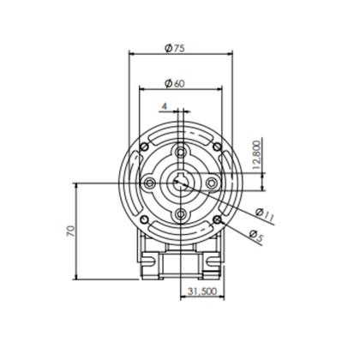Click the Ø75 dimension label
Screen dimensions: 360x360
pyautogui.click(x=175, y=48)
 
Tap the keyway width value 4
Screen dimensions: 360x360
pyautogui.click(x=164, y=106)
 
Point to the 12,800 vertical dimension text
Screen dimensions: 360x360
pyautogui.click(x=257, y=154)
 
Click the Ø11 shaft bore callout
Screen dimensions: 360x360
pyautogui.click(x=265, y=215)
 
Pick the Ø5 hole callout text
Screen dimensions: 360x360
pyautogui.click(x=255, y=236)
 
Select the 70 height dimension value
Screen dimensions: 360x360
pyautogui.click(x=70, y=231)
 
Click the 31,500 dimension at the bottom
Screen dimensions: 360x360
pyautogui.click(x=202, y=291)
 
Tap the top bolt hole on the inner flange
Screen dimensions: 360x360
pyautogui.click(x=180, y=152)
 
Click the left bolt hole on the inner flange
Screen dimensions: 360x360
pyautogui.click(x=149, y=183)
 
